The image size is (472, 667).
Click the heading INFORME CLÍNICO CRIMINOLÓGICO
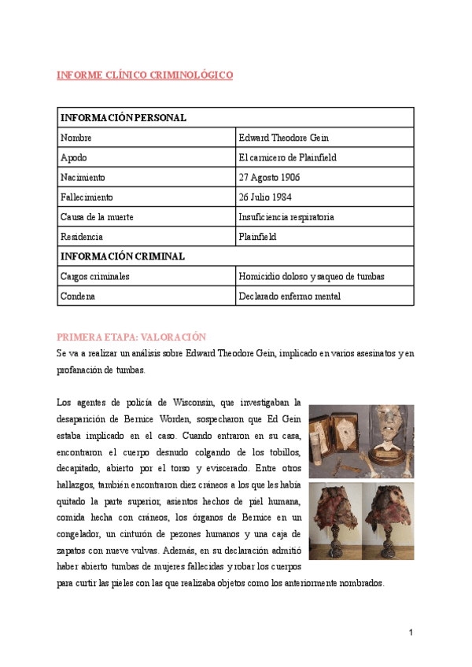tap(145, 76)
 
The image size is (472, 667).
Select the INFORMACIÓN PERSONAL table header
tap(123, 118)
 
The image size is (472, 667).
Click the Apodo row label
tap(73, 157)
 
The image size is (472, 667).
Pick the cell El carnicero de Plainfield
tap(287, 157)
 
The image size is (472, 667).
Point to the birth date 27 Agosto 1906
tap(270, 177)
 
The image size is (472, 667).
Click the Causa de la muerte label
tap(98, 216)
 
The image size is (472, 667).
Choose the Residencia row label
tap(82, 236)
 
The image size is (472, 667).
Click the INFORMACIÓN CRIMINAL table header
tap(123, 256)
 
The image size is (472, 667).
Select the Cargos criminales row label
tap(95, 276)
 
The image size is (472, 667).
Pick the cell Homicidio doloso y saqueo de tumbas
tap(312, 276)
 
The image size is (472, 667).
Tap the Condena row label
tap(77, 297)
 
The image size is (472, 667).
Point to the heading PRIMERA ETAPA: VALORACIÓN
tap(131, 337)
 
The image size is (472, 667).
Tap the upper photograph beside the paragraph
tap(361, 440)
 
